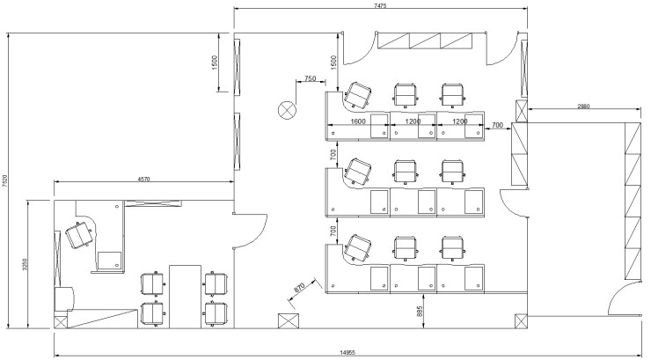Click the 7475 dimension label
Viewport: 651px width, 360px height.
[380, 5]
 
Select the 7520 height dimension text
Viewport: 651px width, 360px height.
[4, 181]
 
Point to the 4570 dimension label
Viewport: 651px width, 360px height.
[143, 180]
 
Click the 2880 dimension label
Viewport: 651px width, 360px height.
[583, 107]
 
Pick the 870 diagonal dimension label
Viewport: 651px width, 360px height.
[299, 288]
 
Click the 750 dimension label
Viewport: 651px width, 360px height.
[311, 78]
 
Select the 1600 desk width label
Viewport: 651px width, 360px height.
[358, 121]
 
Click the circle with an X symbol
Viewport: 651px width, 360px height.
[287, 110]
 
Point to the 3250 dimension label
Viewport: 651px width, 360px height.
[25, 264]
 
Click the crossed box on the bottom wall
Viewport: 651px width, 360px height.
[289, 321]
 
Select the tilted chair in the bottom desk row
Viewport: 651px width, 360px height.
[357, 248]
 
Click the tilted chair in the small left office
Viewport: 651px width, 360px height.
[79, 235]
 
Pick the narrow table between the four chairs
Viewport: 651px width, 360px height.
[185, 297]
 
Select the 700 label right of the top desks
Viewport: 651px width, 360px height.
[497, 125]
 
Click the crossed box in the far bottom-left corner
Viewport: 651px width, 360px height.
[61, 323]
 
